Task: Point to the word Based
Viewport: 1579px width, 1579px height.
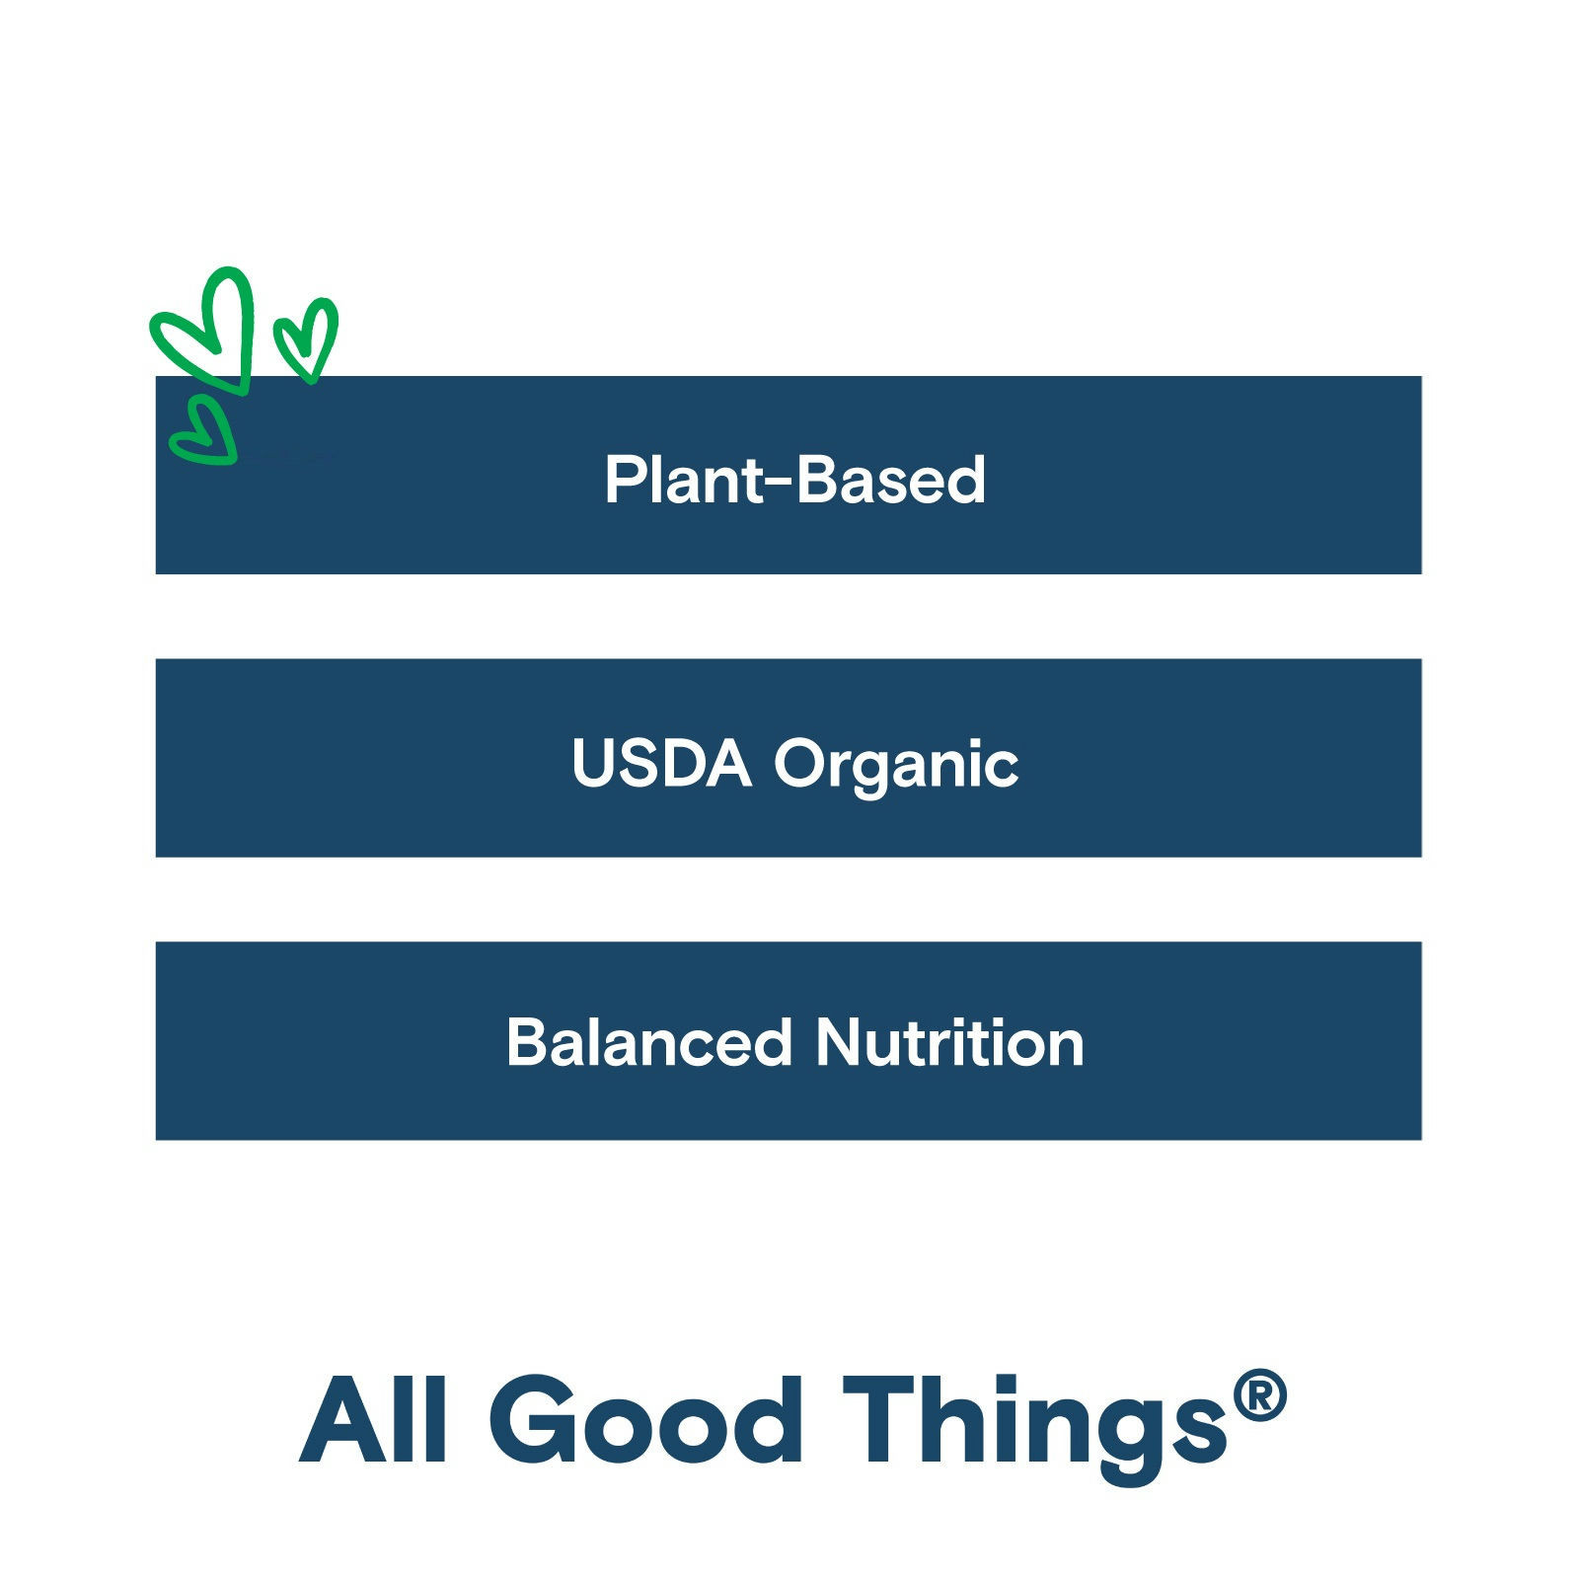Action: tap(890, 480)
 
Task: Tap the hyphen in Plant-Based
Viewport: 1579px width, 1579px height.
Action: tap(781, 484)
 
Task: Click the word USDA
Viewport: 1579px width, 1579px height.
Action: tap(661, 763)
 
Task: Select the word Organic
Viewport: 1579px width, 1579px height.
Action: tap(896, 768)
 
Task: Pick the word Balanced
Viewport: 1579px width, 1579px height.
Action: tap(649, 1042)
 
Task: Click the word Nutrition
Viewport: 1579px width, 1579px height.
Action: tap(950, 1042)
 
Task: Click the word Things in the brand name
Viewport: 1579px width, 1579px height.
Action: tap(1035, 1427)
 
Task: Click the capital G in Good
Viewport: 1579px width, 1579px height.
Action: tap(533, 1418)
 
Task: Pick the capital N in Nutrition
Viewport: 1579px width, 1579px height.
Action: tap(840, 1042)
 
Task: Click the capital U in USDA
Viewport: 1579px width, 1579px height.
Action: tap(594, 763)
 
